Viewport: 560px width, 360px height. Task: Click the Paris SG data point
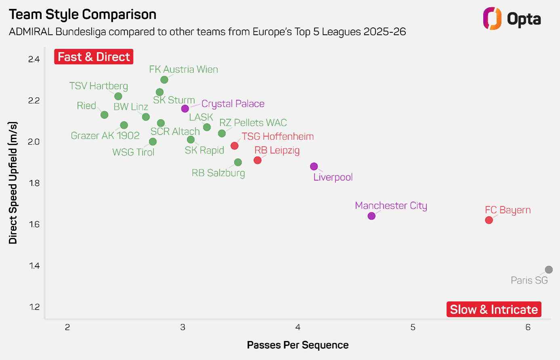(548, 269)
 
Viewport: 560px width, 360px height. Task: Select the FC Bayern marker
(489, 220)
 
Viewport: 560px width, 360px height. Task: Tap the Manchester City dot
(371, 216)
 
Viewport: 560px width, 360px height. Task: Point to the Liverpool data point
(314, 166)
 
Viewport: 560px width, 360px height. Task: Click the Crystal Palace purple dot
(185, 109)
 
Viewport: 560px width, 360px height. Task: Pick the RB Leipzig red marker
(257, 160)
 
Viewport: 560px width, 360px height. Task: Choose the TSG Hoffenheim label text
(278, 137)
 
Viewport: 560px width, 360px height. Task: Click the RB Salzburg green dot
(238, 162)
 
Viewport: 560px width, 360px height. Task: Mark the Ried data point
(104, 115)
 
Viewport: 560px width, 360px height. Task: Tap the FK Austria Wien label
(183, 69)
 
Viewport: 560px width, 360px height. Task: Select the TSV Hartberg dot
(118, 96)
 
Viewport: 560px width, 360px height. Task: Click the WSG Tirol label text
(133, 152)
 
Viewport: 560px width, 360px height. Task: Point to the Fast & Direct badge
(94, 57)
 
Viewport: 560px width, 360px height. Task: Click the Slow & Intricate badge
(494, 309)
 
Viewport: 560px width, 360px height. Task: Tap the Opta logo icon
(492, 19)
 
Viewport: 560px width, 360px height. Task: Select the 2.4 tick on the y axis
(34, 59)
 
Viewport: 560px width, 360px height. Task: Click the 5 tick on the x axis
(413, 327)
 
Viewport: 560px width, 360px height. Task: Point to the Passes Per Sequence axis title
(298, 345)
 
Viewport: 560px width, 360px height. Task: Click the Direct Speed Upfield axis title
(13, 183)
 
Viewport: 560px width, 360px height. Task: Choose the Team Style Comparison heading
(83, 15)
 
